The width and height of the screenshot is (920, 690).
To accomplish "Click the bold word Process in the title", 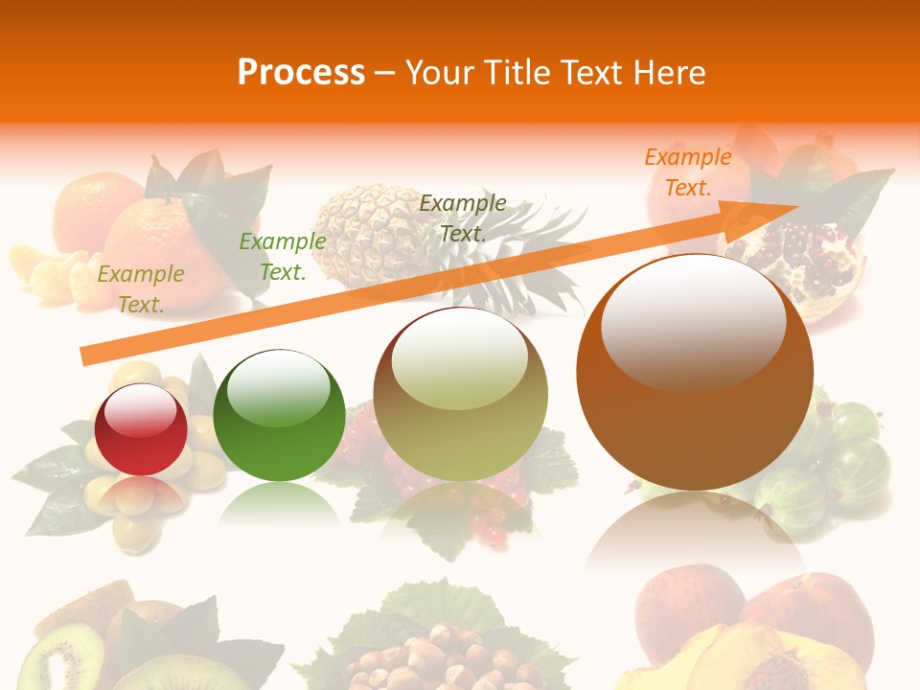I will [x=301, y=72].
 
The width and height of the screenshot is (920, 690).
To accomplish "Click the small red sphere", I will [x=141, y=430].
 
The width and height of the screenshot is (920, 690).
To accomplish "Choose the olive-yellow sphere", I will [x=461, y=394].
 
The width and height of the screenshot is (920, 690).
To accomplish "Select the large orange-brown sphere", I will [x=695, y=374].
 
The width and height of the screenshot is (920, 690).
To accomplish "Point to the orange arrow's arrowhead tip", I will [x=797, y=207].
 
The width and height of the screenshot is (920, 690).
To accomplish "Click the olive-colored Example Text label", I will [x=141, y=288].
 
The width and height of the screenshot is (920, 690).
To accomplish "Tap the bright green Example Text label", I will [x=283, y=256].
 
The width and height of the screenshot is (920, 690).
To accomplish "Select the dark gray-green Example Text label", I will [x=463, y=218].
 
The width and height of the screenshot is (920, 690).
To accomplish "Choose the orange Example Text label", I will [x=688, y=172].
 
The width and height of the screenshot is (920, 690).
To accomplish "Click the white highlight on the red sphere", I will [x=141, y=410].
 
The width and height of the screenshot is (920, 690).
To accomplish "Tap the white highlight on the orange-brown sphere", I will [x=693, y=322].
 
